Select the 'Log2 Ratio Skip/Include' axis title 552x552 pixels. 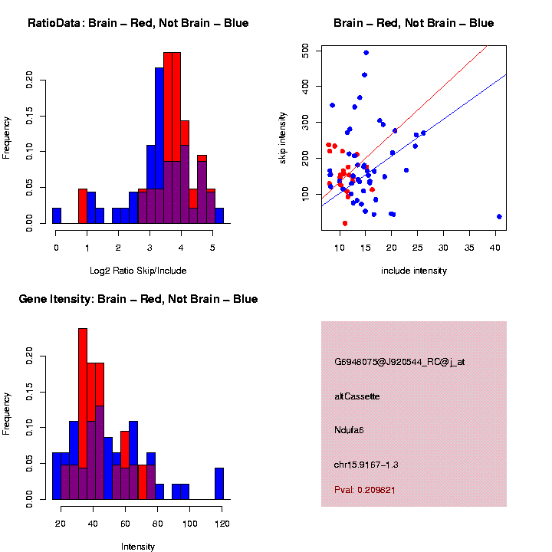tap(137, 270)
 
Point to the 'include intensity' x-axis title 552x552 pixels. tap(413, 270)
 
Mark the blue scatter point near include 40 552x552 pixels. tap(499, 217)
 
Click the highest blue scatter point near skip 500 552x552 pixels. tap(366, 53)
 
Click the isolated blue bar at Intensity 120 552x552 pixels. tap(219, 484)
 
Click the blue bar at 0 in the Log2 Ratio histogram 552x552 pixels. tap(57, 215)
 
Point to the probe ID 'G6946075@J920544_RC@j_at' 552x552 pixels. tap(399, 362)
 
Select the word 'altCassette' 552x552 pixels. tap(356, 396)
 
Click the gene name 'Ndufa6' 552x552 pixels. tap(349, 430)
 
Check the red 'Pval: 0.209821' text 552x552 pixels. tap(364, 489)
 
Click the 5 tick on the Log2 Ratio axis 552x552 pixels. tap(211, 248)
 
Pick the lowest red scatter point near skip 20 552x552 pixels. tap(345, 223)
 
